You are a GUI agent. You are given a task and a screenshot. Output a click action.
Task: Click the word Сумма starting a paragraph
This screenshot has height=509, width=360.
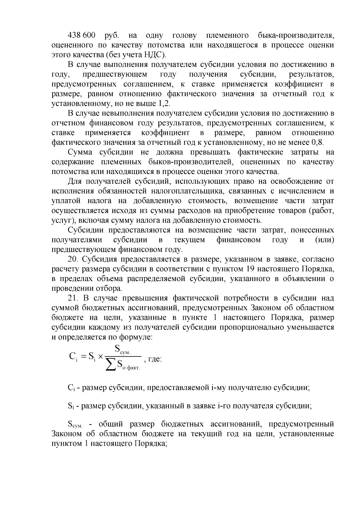pyautogui.click(x=80, y=152)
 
